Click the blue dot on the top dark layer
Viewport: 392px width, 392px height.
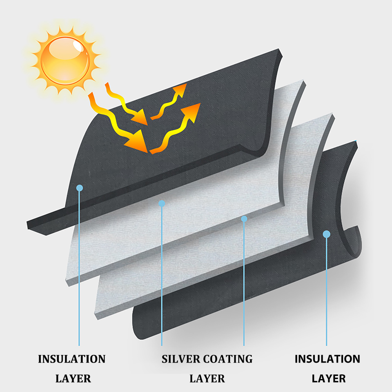80,188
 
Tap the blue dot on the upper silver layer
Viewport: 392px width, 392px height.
162,203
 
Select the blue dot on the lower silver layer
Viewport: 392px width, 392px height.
244,218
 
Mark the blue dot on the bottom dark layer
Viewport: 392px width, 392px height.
326,234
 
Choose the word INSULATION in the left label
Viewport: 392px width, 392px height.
71,359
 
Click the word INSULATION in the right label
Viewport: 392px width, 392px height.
327,359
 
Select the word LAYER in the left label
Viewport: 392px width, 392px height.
73,379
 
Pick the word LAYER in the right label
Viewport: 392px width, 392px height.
328,379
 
